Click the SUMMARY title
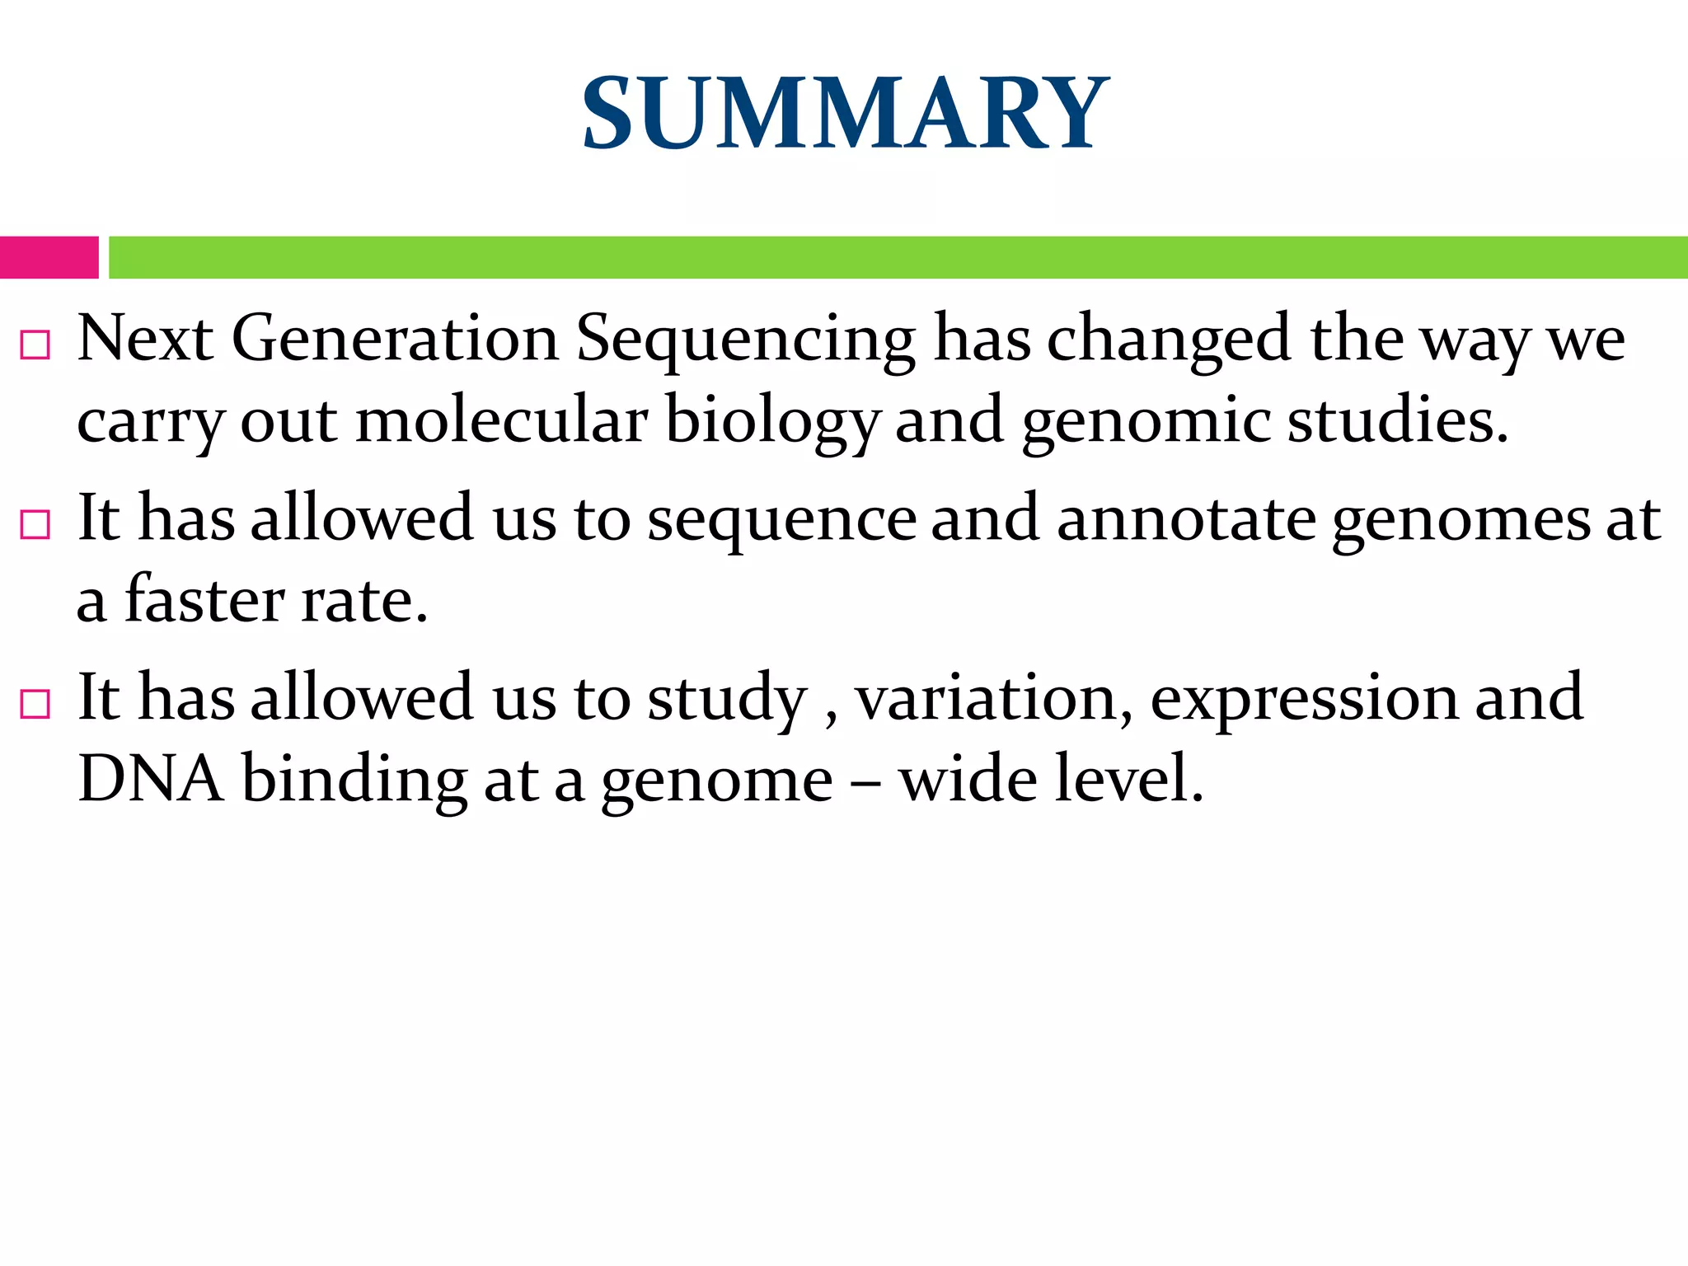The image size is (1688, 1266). (845, 113)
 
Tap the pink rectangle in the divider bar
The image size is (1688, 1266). (49, 257)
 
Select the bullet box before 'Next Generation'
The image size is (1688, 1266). (35, 345)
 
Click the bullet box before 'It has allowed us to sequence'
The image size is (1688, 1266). (35, 524)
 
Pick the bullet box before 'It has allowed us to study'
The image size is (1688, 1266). (35, 704)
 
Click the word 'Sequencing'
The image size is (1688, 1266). (745, 340)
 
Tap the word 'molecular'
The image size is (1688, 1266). (501, 420)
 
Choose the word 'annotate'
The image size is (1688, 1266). (1186, 519)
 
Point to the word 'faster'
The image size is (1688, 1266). (204, 599)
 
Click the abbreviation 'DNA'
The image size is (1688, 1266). (150, 778)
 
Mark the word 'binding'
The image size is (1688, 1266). (354, 780)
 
